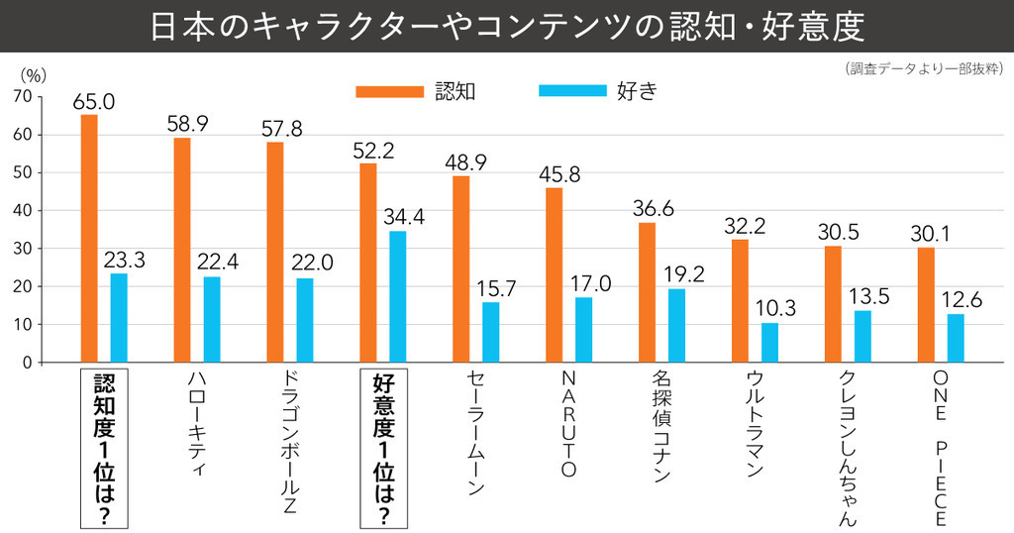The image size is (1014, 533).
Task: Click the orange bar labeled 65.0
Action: pyautogui.click(x=89, y=239)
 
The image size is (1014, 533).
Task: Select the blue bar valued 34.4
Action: pyautogui.click(x=398, y=296)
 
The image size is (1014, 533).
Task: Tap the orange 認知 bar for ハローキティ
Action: pyautogui.click(x=182, y=250)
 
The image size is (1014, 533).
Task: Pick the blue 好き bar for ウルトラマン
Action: pyautogui.click(x=769, y=343)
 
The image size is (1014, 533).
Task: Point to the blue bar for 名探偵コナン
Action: pyautogui.click(x=676, y=326)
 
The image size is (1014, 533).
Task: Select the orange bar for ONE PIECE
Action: pyautogui.click(x=926, y=304)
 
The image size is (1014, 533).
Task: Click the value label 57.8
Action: pyautogui.click(x=282, y=129)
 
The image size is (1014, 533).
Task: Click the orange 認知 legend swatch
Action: pyautogui.click(x=389, y=91)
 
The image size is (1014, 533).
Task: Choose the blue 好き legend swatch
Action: pyautogui.click(x=571, y=91)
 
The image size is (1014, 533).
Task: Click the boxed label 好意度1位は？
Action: pyautogui.click(x=382, y=449)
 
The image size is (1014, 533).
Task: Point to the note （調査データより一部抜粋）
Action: pyautogui.click(x=924, y=68)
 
